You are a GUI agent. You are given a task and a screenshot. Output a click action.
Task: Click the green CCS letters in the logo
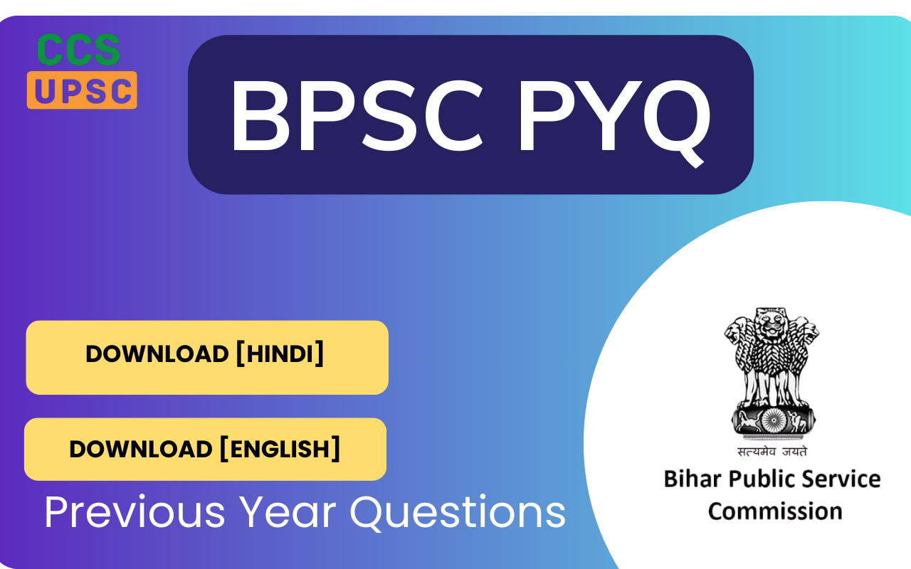tap(79, 50)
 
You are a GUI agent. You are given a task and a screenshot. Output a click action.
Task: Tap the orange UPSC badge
tap(82, 90)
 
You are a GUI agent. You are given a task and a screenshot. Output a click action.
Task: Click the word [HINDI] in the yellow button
tap(279, 353)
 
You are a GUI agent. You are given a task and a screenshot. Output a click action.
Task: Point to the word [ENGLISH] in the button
tap(279, 449)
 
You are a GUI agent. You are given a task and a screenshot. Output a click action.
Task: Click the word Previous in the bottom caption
tap(135, 511)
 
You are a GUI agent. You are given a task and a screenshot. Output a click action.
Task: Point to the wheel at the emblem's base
tap(772, 420)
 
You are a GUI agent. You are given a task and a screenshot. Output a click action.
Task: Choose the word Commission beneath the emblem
tap(775, 511)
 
